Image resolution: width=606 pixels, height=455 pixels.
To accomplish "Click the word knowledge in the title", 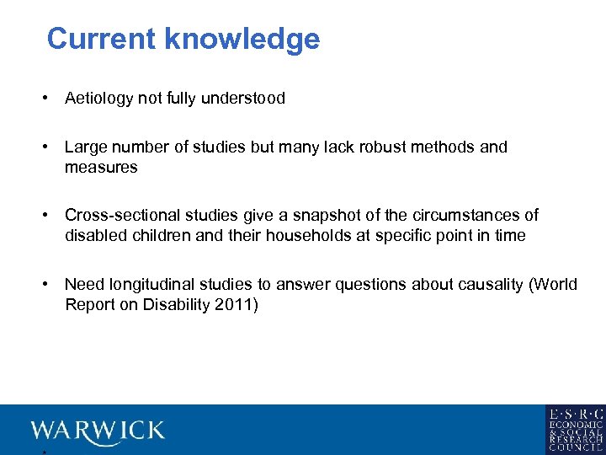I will pos(242,40).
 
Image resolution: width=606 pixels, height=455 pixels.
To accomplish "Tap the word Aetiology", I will pos(99,99).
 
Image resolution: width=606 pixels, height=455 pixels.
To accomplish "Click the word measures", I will pos(101,168).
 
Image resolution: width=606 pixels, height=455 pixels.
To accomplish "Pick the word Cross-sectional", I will pos(120,215).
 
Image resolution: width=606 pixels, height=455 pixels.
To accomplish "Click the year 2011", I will pos(236,304).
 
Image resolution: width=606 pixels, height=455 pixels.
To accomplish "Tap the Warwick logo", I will pos(98,431).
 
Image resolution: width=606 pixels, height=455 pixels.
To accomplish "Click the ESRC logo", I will pos(575,429).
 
